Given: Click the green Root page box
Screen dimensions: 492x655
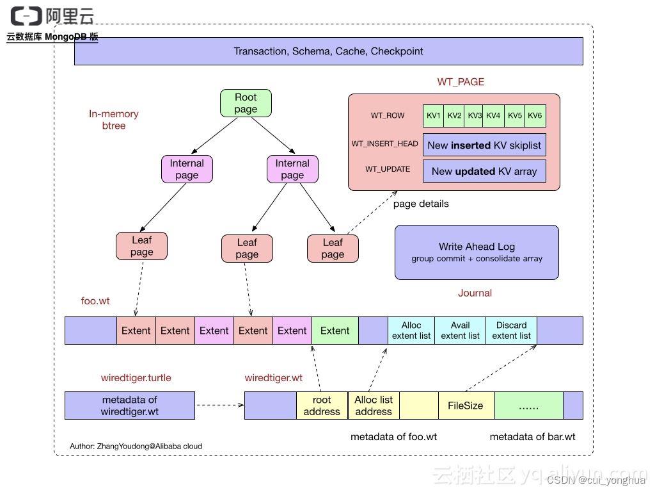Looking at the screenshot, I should click(x=246, y=103).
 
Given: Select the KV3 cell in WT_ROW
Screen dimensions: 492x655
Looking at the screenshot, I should click(x=474, y=116).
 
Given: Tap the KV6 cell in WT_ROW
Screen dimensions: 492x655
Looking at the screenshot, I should click(x=535, y=116).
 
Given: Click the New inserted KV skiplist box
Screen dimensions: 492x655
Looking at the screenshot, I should click(x=484, y=145).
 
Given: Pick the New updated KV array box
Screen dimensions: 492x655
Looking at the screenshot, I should click(x=484, y=171).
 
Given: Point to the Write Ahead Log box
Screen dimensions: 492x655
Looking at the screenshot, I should click(x=477, y=252).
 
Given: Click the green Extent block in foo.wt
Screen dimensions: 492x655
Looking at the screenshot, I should click(x=335, y=331).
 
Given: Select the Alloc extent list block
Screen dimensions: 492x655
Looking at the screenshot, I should click(x=411, y=331).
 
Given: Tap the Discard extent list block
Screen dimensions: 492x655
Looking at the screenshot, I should click(x=511, y=331).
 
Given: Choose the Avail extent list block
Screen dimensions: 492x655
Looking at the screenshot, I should click(x=460, y=331).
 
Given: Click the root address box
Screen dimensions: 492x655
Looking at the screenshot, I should click(x=322, y=406).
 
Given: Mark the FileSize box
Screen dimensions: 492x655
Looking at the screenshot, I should click(x=465, y=406).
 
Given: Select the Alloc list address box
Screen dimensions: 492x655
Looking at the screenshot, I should click(x=374, y=406).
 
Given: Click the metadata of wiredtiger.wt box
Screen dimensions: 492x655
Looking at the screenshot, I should click(x=129, y=406).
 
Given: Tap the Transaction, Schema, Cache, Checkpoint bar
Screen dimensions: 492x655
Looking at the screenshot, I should click(x=328, y=51).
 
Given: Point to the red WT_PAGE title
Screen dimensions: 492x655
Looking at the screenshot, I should click(x=461, y=82).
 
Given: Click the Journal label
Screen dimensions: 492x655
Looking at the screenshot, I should click(x=475, y=293).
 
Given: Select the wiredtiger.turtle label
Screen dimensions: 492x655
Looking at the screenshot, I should click(x=136, y=378).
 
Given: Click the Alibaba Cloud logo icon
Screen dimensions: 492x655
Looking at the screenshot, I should click(x=26, y=16).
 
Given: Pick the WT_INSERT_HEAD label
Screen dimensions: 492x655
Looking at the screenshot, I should click(x=384, y=143).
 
